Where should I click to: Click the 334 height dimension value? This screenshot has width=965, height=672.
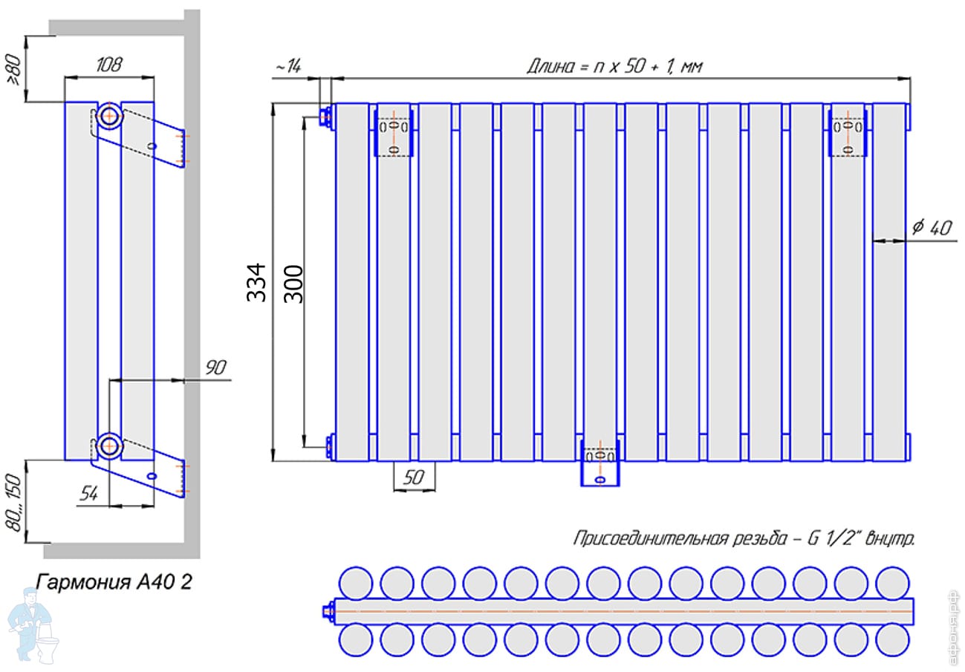(x=257, y=282)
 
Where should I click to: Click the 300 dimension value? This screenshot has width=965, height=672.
(x=294, y=284)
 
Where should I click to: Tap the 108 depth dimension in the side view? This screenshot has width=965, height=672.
(x=109, y=65)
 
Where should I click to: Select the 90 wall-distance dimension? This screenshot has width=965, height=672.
(x=215, y=368)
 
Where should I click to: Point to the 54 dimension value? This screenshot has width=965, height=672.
(x=88, y=493)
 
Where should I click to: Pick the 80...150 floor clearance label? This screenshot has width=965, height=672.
(x=13, y=503)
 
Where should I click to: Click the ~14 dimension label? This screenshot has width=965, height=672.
(x=288, y=66)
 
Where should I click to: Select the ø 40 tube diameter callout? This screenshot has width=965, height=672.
(x=932, y=227)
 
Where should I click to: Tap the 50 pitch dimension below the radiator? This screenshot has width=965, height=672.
(x=414, y=477)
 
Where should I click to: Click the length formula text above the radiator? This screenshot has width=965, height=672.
(x=615, y=66)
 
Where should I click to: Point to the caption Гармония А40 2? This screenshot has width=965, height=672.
(x=114, y=581)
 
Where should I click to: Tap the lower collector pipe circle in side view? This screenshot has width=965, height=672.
(x=109, y=446)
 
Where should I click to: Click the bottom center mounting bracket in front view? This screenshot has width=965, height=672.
(x=600, y=463)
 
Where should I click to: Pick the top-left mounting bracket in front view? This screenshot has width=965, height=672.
(x=394, y=133)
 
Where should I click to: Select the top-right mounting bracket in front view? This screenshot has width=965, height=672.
(x=848, y=133)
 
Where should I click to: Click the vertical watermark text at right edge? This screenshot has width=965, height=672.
(x=954, y=627)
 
